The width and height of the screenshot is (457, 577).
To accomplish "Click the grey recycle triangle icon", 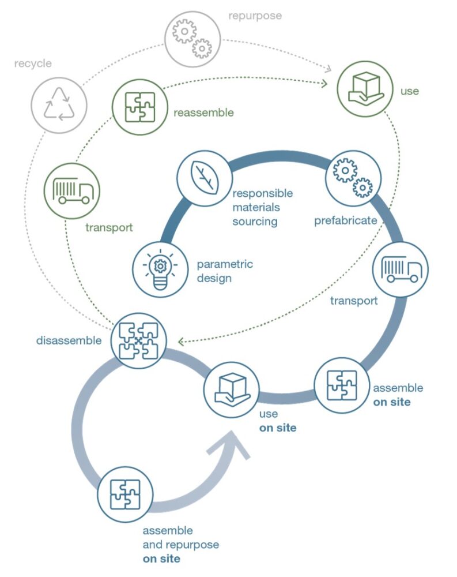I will (59, 106).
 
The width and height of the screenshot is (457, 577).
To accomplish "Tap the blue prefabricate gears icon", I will (353, 175).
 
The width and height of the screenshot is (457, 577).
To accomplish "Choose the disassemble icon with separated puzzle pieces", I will (139, 340).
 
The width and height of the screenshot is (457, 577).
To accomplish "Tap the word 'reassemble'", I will (203, 113).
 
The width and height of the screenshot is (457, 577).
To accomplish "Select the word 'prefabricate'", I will (345, 221).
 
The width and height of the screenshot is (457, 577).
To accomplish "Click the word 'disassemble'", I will (69, 340).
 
